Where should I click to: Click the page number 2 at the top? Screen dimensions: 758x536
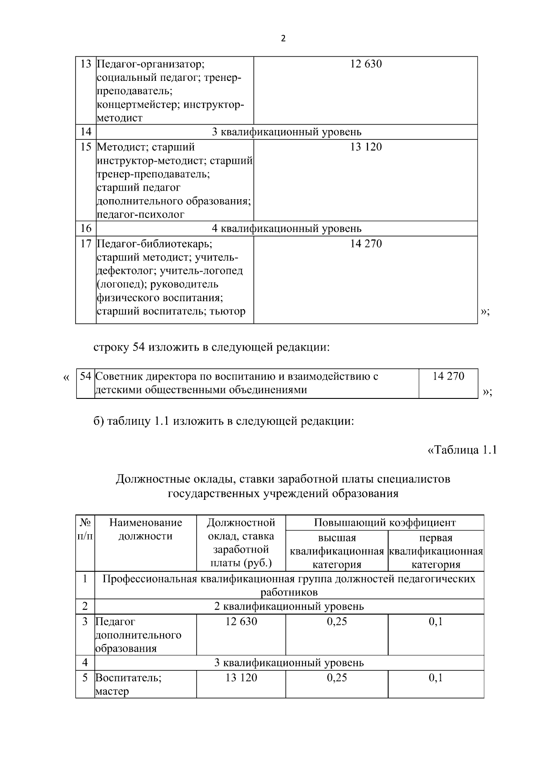[283, 39]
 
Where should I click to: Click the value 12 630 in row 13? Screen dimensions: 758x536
[366, 64]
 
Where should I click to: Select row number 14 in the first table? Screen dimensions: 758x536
[86, 132]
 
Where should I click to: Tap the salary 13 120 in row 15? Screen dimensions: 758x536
[366, 147]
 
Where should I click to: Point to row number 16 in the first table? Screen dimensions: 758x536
[86, 228]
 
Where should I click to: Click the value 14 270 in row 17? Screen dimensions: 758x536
[366, 243]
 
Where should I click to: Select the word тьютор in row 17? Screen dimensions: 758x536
[229, 311]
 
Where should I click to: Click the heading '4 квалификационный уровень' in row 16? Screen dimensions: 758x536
[286, 228]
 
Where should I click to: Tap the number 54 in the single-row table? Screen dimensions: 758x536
[85, 376]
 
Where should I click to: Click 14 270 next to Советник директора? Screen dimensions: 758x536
[448, 376]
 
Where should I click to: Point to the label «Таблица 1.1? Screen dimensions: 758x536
[462, 450]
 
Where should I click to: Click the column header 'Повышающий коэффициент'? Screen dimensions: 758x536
[385, 523]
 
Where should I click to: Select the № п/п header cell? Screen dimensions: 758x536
[85, 529]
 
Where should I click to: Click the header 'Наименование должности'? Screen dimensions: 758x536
[146, 529]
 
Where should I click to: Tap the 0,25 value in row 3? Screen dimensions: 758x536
[337, 621]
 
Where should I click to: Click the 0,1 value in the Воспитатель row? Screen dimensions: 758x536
[435, 678]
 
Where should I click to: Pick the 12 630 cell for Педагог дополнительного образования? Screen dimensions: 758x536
[241, 621]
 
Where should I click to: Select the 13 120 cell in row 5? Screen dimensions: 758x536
[241, 678]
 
